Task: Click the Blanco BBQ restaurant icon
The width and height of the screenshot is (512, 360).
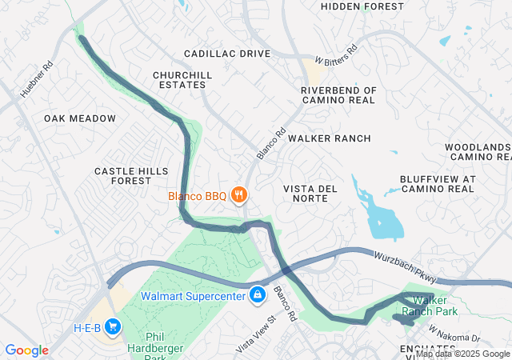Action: (x=238, y=195)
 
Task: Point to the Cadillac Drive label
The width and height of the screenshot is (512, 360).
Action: (x=227, y=54)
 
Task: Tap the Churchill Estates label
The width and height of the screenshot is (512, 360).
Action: (x=183, y=80)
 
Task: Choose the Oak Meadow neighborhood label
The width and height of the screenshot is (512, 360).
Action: (x=80, y=118)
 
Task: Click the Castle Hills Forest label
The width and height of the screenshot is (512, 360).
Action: (x=131, y=176)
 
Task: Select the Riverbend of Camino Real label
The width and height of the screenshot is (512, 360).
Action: (x=338, y=96)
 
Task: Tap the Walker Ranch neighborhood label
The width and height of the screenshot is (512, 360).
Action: (x=330, y=138)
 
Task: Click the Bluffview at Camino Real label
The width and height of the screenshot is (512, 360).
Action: (x=438, y=184)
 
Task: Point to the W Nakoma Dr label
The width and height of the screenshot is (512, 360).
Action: (x=454, y=330)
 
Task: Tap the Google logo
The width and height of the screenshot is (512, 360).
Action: (x=26, y=350)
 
